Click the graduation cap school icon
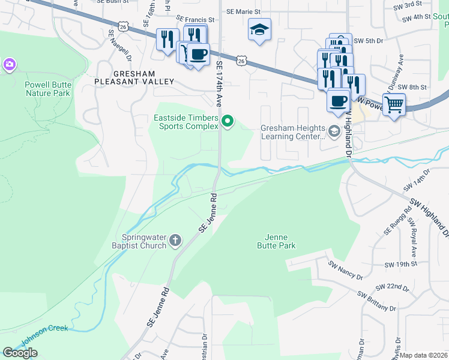[259, 30]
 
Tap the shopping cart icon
[394, 104]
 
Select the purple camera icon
[9, 64]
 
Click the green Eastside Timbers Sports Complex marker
[228, 122]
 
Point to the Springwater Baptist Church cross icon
[175, 241]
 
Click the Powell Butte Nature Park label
[47, 89]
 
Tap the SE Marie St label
[243, 11]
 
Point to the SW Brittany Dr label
[376, 301]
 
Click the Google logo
[20, 353]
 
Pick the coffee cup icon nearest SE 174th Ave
[198, 55]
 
